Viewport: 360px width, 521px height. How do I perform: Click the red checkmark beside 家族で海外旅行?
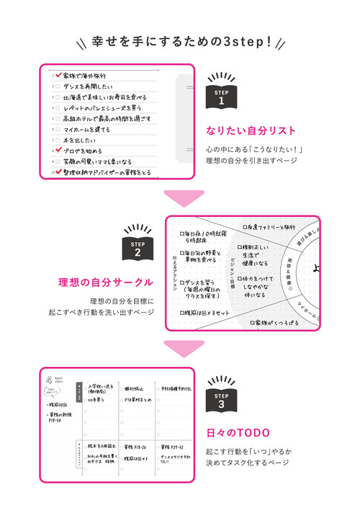pos(58,75)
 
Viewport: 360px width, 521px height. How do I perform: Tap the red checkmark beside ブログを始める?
pos(58,151)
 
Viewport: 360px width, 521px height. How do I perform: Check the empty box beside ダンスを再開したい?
pos(58,86)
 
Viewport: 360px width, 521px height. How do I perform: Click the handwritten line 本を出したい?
pos(79,140)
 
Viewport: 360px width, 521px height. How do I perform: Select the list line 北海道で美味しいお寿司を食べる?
pos(104,97)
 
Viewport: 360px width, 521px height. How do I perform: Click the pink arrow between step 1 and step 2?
pos(180,197)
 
